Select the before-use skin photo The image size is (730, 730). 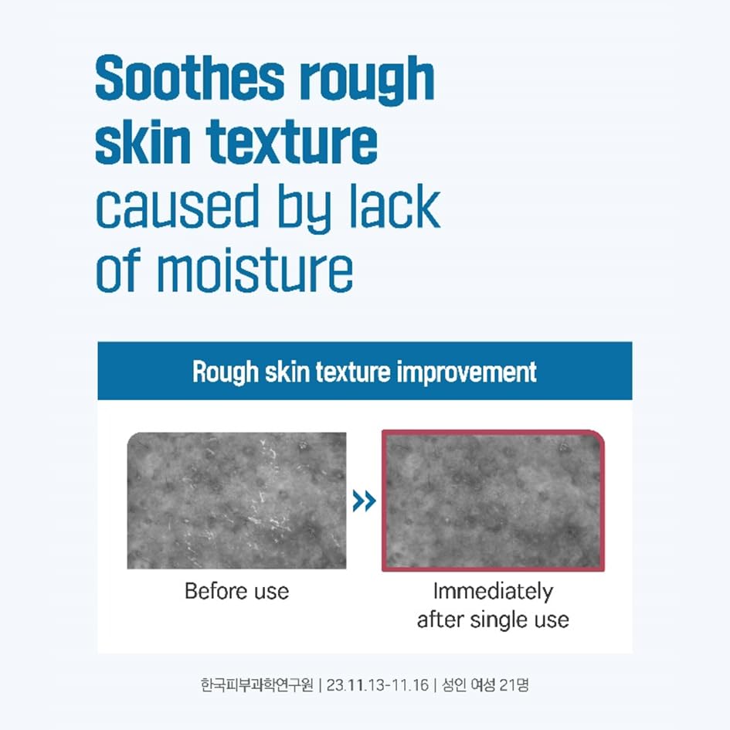point(236,501)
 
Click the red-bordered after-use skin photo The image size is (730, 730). point(493,501)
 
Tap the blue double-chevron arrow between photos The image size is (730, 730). point(364,502)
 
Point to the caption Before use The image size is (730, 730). point(236,592)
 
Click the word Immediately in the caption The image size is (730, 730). point(493,592)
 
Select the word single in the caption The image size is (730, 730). point(494,620)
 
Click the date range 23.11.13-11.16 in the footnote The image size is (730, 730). point(379,684)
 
